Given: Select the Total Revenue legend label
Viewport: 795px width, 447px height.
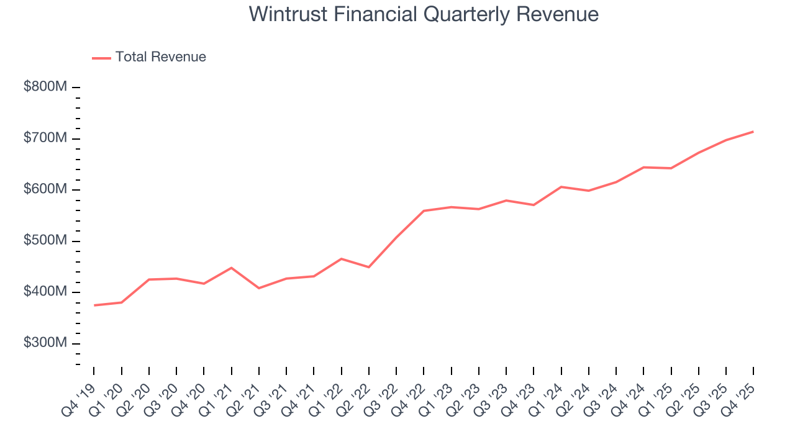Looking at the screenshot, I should click(160, 57).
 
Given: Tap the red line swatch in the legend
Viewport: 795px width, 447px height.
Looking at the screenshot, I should click(101, 58).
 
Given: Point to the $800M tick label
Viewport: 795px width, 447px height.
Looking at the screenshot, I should click(45, 87).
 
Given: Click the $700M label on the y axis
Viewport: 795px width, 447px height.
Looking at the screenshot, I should click(45, 138).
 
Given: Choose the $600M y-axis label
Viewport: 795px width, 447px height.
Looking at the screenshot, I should click(45, 189).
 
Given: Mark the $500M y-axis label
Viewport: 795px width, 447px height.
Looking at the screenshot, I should click(45, 241).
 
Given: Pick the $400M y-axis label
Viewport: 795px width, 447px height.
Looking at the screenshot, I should click(45, 292).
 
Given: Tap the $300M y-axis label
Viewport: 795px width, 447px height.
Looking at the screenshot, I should click(45, 343).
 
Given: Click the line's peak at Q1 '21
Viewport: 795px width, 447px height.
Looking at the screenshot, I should click(232, 268).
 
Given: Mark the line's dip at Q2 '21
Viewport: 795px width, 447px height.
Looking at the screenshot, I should click(259, 288).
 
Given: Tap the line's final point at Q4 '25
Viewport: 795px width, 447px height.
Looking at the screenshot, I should click(753, 132).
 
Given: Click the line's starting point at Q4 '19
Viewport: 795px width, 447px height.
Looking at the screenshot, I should click(94, 305).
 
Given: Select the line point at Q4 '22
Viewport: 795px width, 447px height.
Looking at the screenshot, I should click(424, 211).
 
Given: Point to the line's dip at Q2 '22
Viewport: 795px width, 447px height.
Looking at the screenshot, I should click(369, 267).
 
